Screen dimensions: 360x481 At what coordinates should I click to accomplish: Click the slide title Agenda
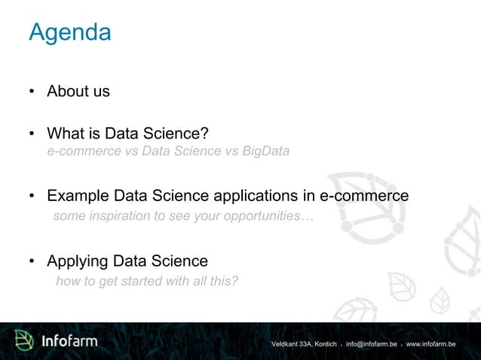(x=69, y=32)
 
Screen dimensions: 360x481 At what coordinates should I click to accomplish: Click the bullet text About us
(x=78, y=91)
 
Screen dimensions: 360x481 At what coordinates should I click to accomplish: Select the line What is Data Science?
(x=127, y=134)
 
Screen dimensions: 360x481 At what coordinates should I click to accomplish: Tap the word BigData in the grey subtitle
(x=266, y=151)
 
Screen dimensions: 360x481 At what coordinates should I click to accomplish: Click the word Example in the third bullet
(x=78, y=196)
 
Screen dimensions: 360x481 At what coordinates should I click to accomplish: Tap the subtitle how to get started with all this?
(x=147, y=282)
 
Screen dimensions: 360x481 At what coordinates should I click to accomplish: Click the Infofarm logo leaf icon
(x=26, y=341)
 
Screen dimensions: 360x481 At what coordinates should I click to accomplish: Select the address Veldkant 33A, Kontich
(x=304, y=344)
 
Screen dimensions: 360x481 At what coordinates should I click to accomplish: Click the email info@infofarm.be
(x=372, y=344)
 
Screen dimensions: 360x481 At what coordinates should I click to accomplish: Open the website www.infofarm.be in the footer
(x=430, y=344)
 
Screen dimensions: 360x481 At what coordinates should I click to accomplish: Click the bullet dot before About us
(x=32, y=93)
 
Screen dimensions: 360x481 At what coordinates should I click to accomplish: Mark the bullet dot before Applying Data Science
(x=32, y=263)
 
